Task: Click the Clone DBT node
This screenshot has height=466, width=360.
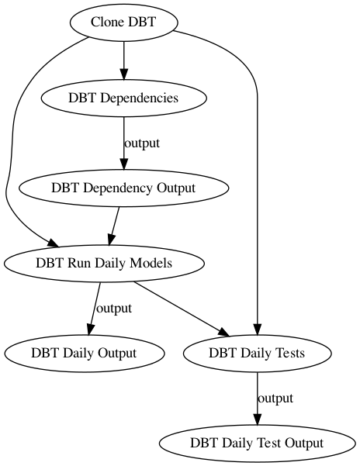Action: pos(123,22)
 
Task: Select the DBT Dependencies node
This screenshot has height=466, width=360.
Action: pos(123,98)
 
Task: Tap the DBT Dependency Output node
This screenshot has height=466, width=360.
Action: pos(123,188)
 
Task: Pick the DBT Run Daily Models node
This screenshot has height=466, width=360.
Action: pos(104,264)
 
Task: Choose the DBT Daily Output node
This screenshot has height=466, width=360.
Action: pos(84,354)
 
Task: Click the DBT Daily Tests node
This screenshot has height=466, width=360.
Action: pos(258,354)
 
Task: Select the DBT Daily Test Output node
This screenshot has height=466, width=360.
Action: pos(258,443)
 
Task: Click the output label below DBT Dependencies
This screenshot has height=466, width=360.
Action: pos(142,143)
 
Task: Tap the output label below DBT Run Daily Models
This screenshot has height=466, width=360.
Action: pos(114,308)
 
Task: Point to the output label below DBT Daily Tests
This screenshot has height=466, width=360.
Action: pos(275,399)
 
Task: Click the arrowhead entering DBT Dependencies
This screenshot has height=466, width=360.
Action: pos(123,74)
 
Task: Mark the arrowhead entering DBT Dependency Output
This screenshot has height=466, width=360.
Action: pos(123,164)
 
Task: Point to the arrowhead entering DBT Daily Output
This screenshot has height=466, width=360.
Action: pos(90,330)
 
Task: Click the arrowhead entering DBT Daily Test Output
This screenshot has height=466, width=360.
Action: pos(258,419)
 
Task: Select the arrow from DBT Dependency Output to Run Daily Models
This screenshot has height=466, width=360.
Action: pos(115,226)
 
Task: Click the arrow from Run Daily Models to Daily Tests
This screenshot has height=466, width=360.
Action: pos(182,309)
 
